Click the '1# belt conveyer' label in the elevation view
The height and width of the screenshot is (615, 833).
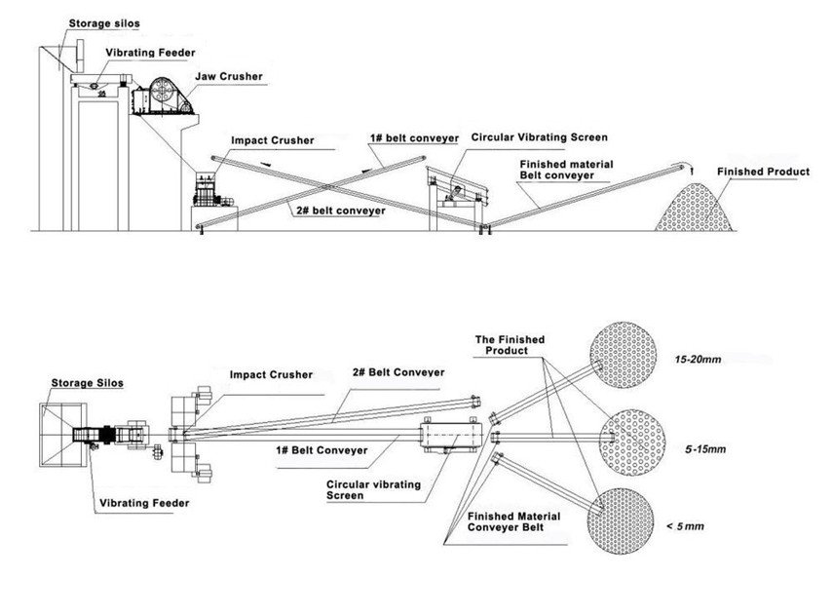tap(413, 138)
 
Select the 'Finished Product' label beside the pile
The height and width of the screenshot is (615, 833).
tap(763, 172)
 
